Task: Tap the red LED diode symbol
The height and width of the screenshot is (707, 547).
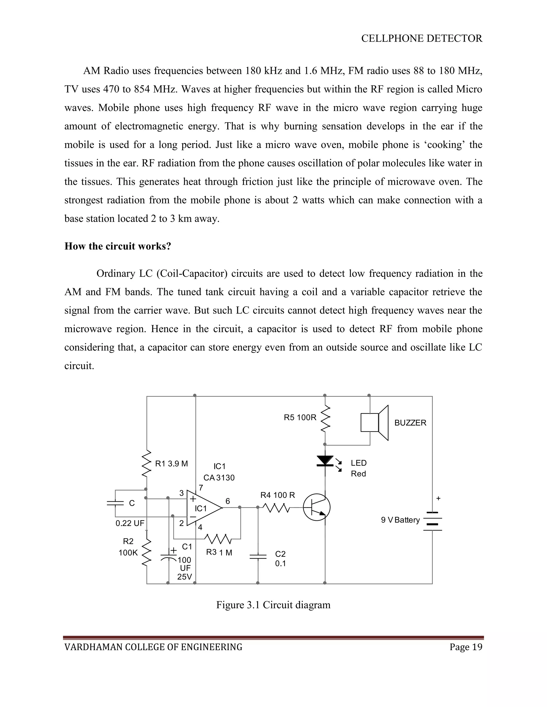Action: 325,461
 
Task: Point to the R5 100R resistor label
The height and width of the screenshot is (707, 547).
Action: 300,418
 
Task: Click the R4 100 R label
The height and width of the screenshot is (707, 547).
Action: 278,495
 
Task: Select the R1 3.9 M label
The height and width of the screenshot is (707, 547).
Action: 171,464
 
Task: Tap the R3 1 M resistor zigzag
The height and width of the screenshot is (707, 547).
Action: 218,539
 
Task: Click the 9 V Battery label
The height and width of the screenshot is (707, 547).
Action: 400,520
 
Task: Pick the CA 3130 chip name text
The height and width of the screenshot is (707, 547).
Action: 219,478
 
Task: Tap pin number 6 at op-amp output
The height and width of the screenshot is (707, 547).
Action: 228,501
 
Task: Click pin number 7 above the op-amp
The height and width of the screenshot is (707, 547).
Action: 201,487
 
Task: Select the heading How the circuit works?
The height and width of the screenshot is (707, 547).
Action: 118,246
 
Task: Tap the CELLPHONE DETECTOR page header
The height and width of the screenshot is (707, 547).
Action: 421,38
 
